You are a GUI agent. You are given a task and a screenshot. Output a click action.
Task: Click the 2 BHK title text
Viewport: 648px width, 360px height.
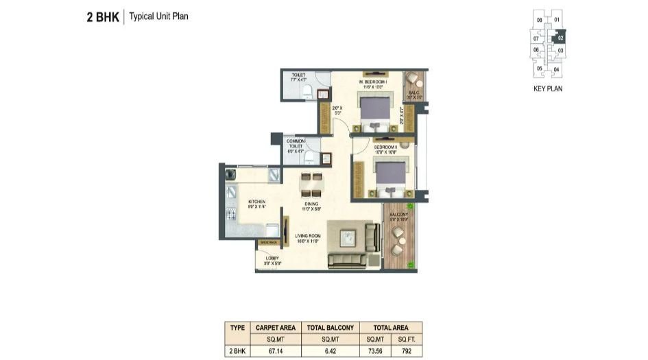click(x=101, y=16)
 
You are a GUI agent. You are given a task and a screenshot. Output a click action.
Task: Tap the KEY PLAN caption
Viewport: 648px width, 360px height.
click(x=548, y=88)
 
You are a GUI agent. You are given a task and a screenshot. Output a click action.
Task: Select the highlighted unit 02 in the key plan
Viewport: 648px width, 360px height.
click(x=560, y=39)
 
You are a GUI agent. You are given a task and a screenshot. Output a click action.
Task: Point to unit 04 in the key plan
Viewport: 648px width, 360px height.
click(x=556, y=70)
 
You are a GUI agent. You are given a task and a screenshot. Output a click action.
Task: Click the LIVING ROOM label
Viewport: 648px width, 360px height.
click(x=309, y=237)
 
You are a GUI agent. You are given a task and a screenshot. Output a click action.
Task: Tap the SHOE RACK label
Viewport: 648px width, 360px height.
click(x=268, y=242)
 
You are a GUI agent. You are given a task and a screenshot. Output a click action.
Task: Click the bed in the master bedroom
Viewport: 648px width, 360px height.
click(x=374, y=110)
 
